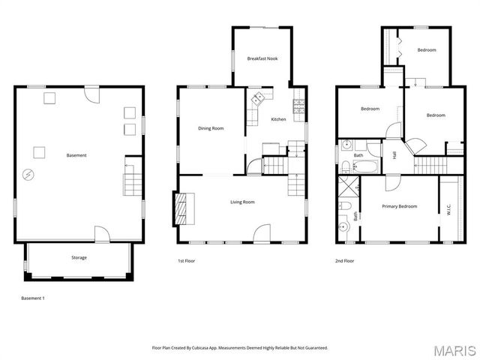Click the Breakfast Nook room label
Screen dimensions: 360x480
click(262, 58)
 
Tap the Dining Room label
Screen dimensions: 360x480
click(211, 128)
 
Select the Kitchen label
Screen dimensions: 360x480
click(278, 119)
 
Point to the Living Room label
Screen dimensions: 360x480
click(242, 202)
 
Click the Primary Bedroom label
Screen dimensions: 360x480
click(399, 206)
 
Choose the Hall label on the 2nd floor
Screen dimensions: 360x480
click(394, 155)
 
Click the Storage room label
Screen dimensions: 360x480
click(79, 258)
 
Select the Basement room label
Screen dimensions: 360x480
click(76, 155)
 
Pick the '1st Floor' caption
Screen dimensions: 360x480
click(186, 261)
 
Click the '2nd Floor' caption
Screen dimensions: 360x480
click(345, 261)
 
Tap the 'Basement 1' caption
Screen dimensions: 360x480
click(33, 298)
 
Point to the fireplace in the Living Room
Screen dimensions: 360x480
click(184, 208)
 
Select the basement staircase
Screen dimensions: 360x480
click(132, 182)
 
